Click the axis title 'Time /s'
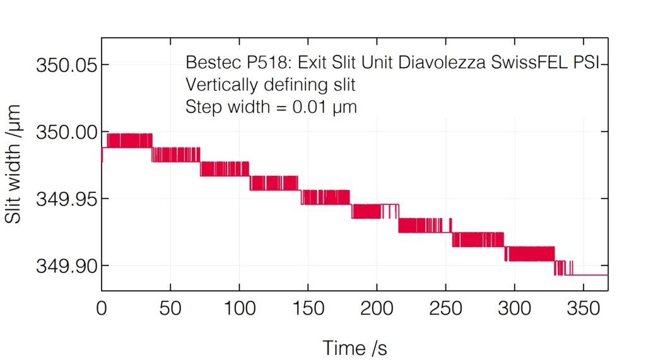click(x=355, y=347)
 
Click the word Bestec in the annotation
click(x=209, y=64)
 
